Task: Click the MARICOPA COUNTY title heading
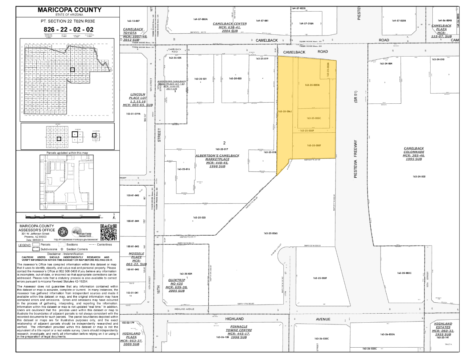coord(69,10)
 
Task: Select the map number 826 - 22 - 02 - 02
coord(68,29)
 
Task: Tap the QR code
coord(108,232)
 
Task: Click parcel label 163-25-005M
coord(312,85)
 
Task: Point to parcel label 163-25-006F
coord(314,145)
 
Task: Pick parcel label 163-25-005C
coord(314,118)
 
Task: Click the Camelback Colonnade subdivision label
coord(414,154)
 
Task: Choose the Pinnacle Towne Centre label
coord(239,332)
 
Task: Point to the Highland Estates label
coord(443,329)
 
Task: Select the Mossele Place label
coord(136,259)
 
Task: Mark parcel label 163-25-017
coord(222,149)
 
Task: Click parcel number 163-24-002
coord(419,177)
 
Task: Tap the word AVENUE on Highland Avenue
coord(323,319)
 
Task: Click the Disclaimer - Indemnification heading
coord(67,254)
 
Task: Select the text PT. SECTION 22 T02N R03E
coord(68,21)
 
